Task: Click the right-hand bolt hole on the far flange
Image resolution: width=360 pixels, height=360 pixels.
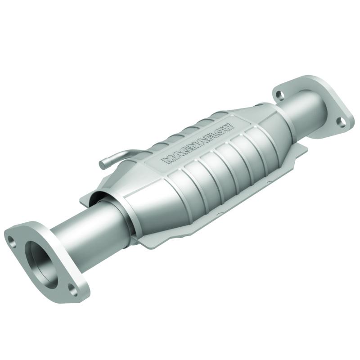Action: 342,121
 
